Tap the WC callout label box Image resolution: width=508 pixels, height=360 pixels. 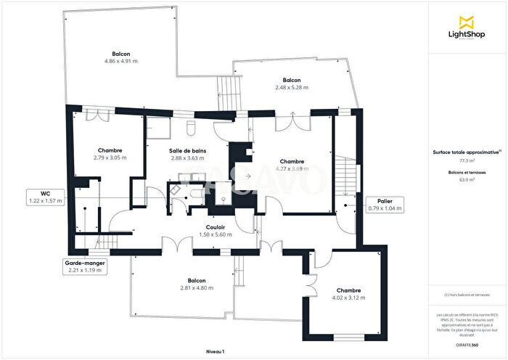coord(45,197)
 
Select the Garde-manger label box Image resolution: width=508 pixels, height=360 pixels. coord(83,266)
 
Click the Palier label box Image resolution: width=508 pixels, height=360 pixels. coord(385,205)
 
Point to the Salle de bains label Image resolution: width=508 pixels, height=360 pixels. coord(188,151)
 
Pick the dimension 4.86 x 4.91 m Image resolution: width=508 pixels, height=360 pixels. coord(121,61)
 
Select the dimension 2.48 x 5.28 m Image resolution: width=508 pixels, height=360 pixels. coord(291,87)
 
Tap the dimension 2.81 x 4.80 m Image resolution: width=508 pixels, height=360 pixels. coord(196,287)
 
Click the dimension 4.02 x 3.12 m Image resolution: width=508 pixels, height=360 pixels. coord(348,298)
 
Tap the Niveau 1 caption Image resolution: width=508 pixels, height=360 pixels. coord(215,351)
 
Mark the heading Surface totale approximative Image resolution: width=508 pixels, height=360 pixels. coord(467,152)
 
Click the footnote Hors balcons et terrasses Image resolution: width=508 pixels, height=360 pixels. coord(467,295)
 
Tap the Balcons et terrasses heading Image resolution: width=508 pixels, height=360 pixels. coord(467,172)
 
